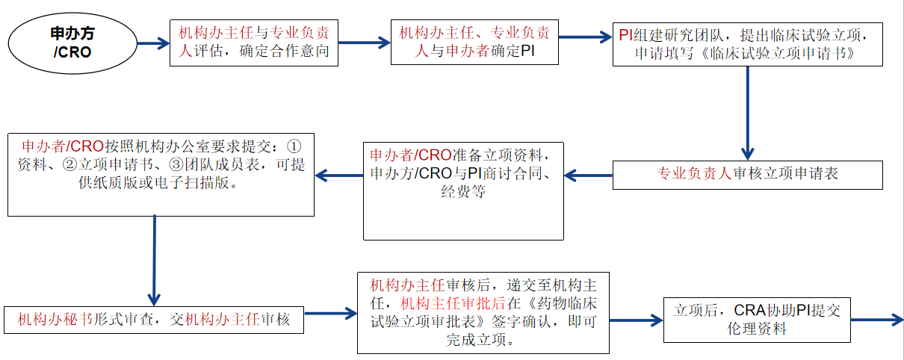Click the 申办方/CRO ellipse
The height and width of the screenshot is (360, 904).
point(72,43)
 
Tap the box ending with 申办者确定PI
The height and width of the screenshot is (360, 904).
point(474,43)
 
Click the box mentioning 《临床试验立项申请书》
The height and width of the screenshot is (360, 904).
point(747,44)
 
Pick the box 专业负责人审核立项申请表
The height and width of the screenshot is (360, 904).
point(747,175)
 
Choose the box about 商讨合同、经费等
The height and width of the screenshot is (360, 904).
point(463,190)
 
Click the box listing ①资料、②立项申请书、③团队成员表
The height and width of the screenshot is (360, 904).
point(161,175)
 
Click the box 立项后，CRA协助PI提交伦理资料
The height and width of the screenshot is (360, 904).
point(757,320)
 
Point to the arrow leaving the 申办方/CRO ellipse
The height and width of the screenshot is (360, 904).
point(152,43)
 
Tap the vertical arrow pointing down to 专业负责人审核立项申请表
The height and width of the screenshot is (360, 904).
point(747,112)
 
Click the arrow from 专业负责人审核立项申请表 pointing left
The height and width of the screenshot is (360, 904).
point(589,176)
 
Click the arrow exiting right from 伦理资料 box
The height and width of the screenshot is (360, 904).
point(876,320)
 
